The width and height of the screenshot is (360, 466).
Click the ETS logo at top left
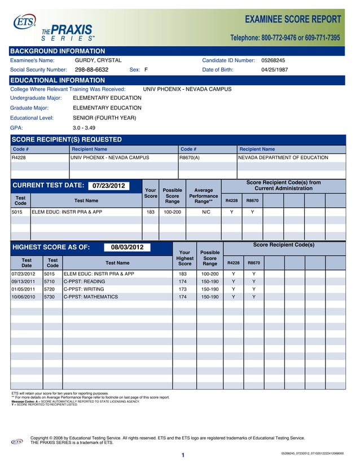click(24, 23)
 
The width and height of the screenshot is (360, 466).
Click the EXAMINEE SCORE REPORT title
click(293, 20)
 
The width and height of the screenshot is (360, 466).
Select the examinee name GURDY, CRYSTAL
click(98, 60)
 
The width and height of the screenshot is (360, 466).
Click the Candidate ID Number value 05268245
click(273, 60)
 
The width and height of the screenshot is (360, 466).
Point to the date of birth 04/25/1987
click(274, 70)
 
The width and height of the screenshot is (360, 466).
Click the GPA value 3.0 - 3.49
click(85, 128)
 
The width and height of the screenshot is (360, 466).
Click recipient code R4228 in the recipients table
click(20, 157)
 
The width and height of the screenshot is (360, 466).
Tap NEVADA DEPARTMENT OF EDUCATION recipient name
click(283, 157)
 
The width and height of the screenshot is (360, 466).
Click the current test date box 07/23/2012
click(108, 186)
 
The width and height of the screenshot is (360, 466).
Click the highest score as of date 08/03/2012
click(127, 247)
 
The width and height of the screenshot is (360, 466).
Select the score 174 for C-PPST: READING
click(183, 281)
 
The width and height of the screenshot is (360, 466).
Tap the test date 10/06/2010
click(23, 296)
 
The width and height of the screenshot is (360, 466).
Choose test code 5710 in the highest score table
click(50, 281)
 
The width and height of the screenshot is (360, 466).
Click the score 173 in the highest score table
click(183, 289)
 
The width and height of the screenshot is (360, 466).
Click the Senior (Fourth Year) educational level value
click(104, 118)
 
